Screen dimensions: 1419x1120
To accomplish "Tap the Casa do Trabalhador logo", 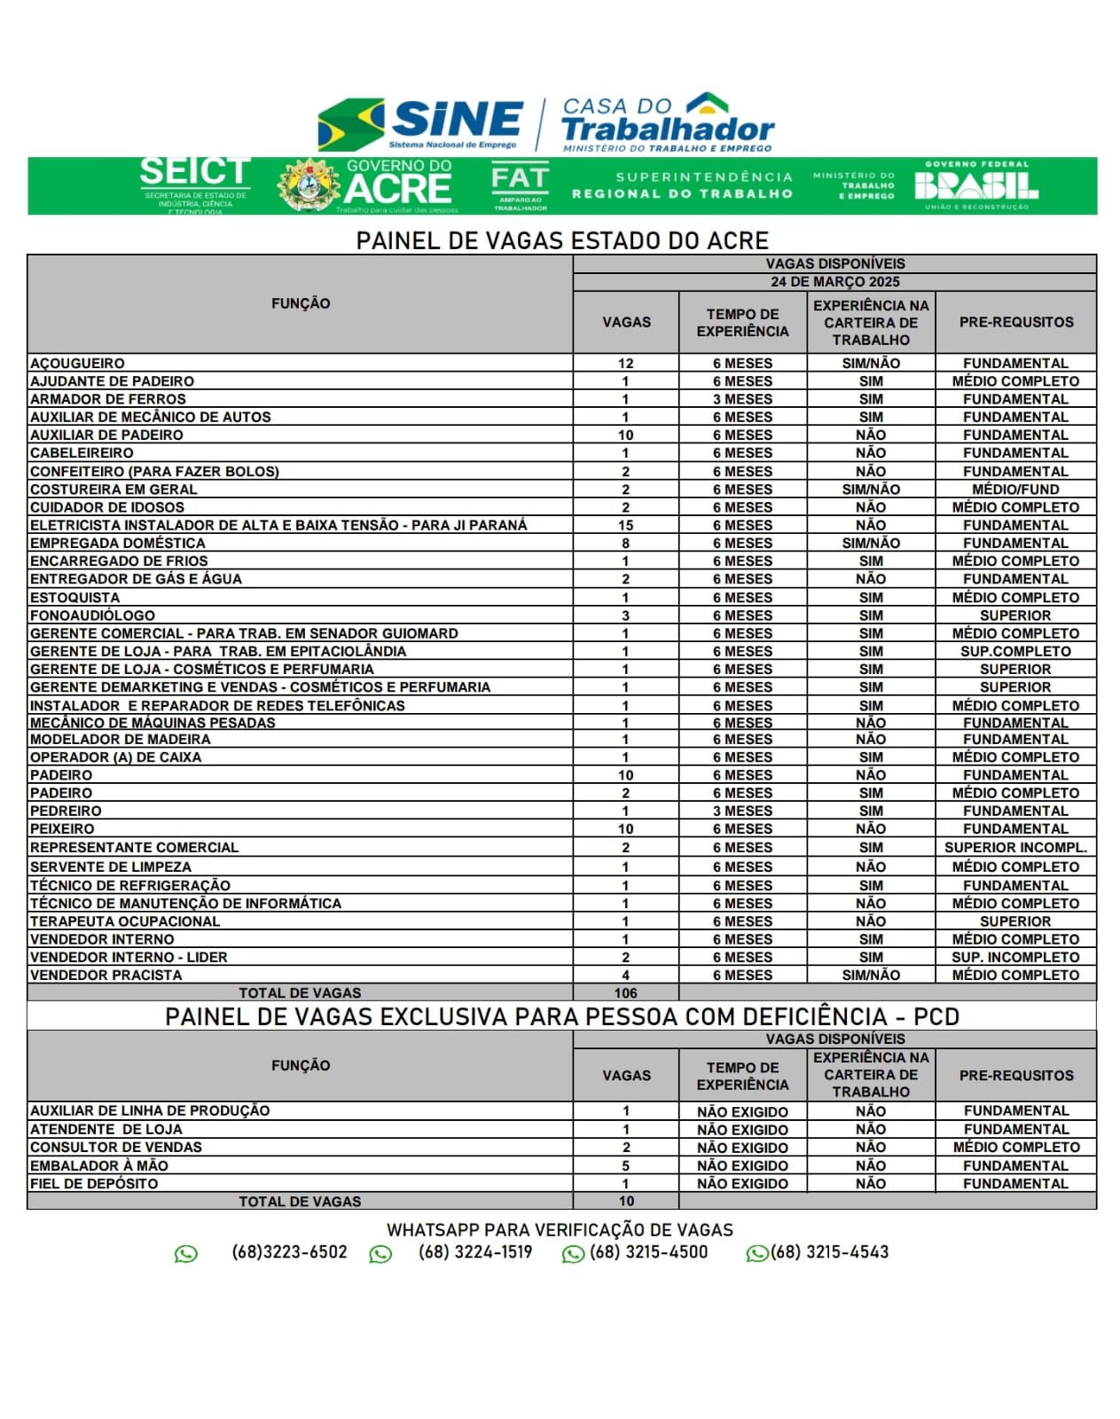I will [668, 124].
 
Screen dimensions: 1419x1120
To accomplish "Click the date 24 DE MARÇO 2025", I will [834, 282].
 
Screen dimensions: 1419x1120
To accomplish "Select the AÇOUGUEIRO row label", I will [78, 364].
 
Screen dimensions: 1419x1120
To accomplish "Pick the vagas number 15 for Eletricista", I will [625, 525].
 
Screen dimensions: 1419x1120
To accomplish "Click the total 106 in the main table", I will [625, 993].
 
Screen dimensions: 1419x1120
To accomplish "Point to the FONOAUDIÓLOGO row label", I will [93, 615].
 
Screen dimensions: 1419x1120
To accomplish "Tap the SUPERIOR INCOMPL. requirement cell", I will [1015, 848].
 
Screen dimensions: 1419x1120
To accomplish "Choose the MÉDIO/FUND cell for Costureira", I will [1015, 490].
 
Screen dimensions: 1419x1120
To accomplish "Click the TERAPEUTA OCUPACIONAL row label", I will [125, 921].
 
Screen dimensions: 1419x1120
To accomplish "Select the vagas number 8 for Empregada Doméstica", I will [625, 543].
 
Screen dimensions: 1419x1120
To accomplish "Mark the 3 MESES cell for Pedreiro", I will [742, 811].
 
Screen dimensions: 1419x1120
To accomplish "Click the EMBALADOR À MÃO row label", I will [99, 1165].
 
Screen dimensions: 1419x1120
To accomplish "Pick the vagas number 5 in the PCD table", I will [625, 1165].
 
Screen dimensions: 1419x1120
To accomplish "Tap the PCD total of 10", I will [626, 1202].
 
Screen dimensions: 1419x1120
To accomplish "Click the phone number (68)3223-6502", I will [289, 1252].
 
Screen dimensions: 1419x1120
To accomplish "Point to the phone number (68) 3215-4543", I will [829, 1252].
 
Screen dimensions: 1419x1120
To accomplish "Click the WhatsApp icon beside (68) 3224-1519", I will [380, 1254].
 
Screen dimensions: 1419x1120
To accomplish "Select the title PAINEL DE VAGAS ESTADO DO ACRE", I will [562, 240].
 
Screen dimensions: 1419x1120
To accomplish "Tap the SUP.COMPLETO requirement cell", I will [1015, 651].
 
